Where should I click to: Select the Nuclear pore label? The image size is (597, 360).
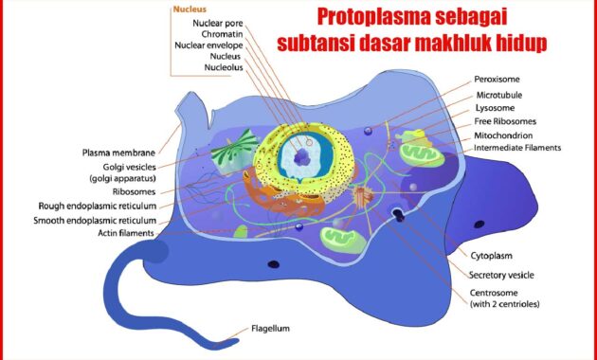click(x=217, y=23)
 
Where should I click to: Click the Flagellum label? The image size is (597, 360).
click(x=271, y=330)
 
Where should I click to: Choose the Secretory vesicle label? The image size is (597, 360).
click(x=502, y=275)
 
